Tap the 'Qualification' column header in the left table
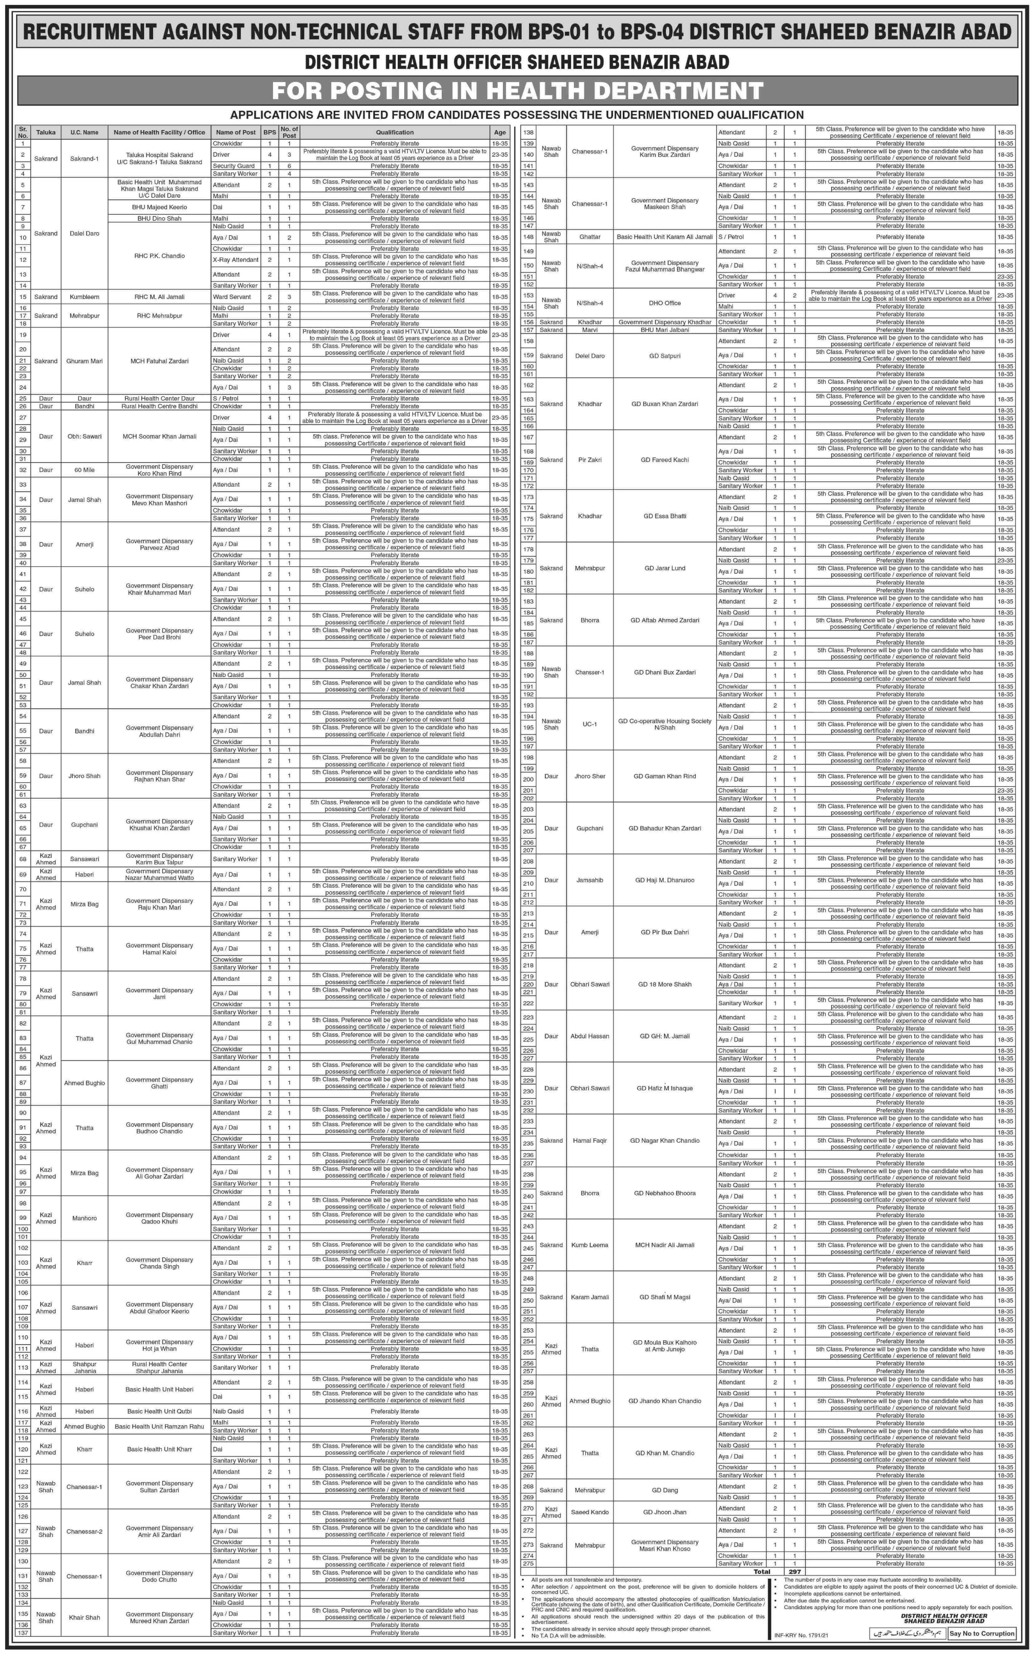395,132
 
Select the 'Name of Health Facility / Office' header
159,132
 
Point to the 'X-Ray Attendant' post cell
235,260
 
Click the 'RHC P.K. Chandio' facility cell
159,256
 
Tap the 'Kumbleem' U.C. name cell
84,297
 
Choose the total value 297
794,1571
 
